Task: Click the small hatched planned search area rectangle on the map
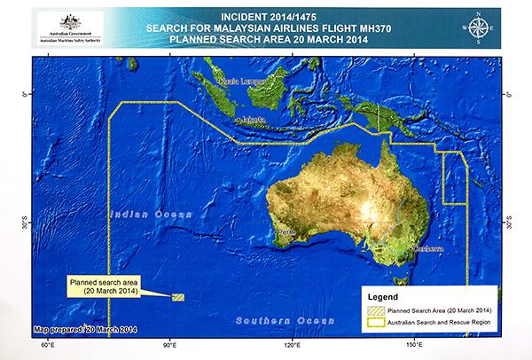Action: pyautogui.click(x=177, y=298)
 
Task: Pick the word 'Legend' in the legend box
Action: pyautogui.click(x=387, y=294)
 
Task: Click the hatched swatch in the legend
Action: pyautogui.click(x=375, y=309)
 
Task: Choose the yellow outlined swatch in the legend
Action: pyautogui.click(x=375, y=322)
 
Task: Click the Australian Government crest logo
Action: pyautogui.click(x=65, y=22)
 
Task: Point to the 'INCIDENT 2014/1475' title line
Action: pyautogui.click(x=283, y=17)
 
